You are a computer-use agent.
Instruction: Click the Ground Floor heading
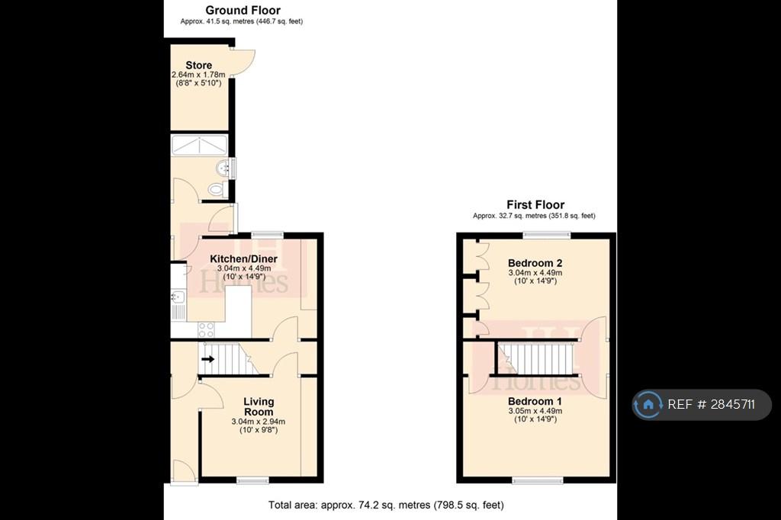243,10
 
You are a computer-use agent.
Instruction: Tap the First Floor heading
535,204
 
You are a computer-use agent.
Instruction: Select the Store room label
199,66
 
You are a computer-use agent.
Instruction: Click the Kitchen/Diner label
243,259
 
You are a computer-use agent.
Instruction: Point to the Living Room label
259,406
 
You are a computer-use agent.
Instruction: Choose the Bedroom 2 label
535,263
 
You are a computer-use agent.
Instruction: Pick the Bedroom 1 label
535,401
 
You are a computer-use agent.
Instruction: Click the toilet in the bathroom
217,189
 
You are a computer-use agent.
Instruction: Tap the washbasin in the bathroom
223,169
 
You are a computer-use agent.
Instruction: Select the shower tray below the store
199,145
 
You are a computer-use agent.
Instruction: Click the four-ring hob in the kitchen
206,329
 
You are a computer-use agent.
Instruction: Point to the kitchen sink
178,304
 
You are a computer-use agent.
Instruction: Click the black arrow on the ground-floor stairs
207,358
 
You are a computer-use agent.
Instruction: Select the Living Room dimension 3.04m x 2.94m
258,422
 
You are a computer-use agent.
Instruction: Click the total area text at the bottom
386,505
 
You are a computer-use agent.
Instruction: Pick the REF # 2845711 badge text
712,404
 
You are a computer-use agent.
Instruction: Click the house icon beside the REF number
648,404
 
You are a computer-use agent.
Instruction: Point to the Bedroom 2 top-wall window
546,235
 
